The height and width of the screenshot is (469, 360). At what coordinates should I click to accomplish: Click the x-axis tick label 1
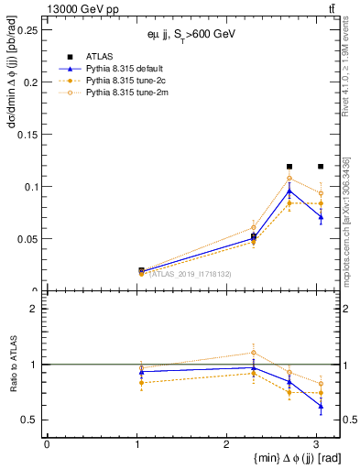click(136, 444)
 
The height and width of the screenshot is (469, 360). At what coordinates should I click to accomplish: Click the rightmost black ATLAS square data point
click(320, 167)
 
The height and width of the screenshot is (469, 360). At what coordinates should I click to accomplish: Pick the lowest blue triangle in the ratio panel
click(320, 406)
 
